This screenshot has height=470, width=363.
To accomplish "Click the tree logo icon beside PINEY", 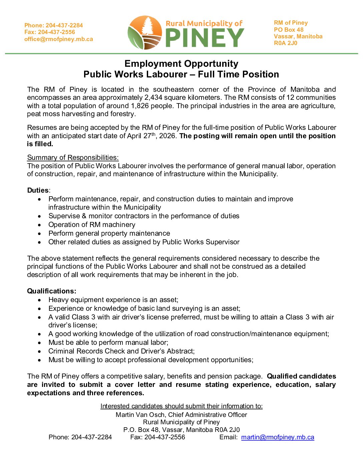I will [x=145, y=33].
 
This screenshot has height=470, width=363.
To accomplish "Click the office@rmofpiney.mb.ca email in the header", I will [x=59, y=39].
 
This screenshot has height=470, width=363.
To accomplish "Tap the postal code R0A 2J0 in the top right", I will [x=286, y=43].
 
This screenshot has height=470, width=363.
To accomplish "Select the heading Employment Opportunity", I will [x=181, y=63].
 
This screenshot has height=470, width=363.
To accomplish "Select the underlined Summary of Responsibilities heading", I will [x=73, y=158].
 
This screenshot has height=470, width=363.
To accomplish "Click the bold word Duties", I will [x=38, y=190].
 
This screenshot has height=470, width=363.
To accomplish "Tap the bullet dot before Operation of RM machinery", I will [x=40, y=225].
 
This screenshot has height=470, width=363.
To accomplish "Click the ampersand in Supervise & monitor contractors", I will [x=84, y=216].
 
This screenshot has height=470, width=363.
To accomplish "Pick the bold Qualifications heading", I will [x=51, y=291].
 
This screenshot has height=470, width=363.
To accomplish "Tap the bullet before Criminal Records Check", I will [x=40, y=351].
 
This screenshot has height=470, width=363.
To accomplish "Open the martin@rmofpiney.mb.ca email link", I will [x=278, y=437].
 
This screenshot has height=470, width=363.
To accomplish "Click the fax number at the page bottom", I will [x=164, y=437].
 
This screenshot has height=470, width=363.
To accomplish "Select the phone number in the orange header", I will [x=64, y=25].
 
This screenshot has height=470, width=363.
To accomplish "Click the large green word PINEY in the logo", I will [x=205, y=38].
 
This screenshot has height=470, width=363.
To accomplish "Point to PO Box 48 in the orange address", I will [x=289, y=30].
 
